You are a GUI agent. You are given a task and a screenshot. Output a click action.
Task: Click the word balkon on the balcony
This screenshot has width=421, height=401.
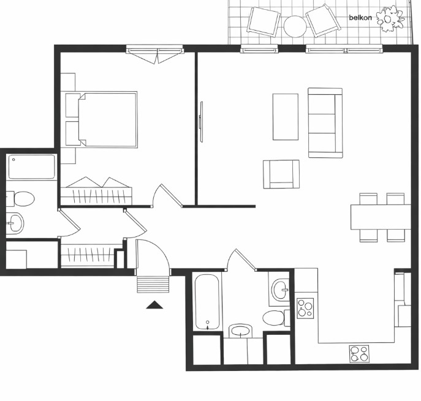(360, 18)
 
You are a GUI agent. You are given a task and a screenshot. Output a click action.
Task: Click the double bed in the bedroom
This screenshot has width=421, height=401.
(107, 119)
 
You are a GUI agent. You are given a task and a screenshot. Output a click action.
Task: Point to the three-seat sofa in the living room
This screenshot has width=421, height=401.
(325, 122)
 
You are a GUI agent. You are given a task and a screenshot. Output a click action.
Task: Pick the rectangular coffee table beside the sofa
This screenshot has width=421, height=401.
(285, 116)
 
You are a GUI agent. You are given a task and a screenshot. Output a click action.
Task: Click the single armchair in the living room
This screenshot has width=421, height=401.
(281, 174)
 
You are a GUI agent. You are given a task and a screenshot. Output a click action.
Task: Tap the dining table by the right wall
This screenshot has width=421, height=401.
(380, 216)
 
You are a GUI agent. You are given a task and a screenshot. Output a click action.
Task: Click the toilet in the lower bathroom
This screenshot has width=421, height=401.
(273, 318)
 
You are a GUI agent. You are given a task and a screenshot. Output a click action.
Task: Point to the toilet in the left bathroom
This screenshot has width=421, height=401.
(23, 198)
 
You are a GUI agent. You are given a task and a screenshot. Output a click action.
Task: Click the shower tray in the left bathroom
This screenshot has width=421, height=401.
(32, 167)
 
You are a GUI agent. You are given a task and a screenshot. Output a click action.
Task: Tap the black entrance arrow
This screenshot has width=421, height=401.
(154, 304)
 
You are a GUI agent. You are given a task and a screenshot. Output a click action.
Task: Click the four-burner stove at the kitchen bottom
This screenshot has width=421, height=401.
(360, 353)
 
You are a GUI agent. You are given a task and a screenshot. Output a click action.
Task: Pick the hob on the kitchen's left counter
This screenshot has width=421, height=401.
(305, 307)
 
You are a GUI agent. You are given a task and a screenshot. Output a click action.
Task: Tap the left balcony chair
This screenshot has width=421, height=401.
(264, 21)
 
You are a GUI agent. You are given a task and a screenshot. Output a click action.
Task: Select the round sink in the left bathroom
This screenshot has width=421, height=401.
(15, 223)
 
